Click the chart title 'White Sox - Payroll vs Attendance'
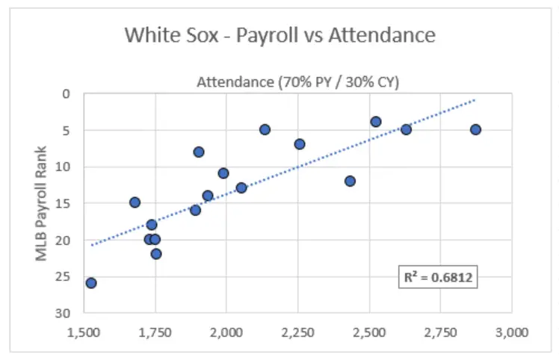(x=279, y=35)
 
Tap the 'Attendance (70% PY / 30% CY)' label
(x=297, y=82)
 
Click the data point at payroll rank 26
(x=91, y=283)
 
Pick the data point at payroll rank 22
(x=156, y=254)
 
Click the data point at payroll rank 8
(x=199, y=152)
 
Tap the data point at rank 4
(x=376, y=122)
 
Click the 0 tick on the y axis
(x=66, y=94)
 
